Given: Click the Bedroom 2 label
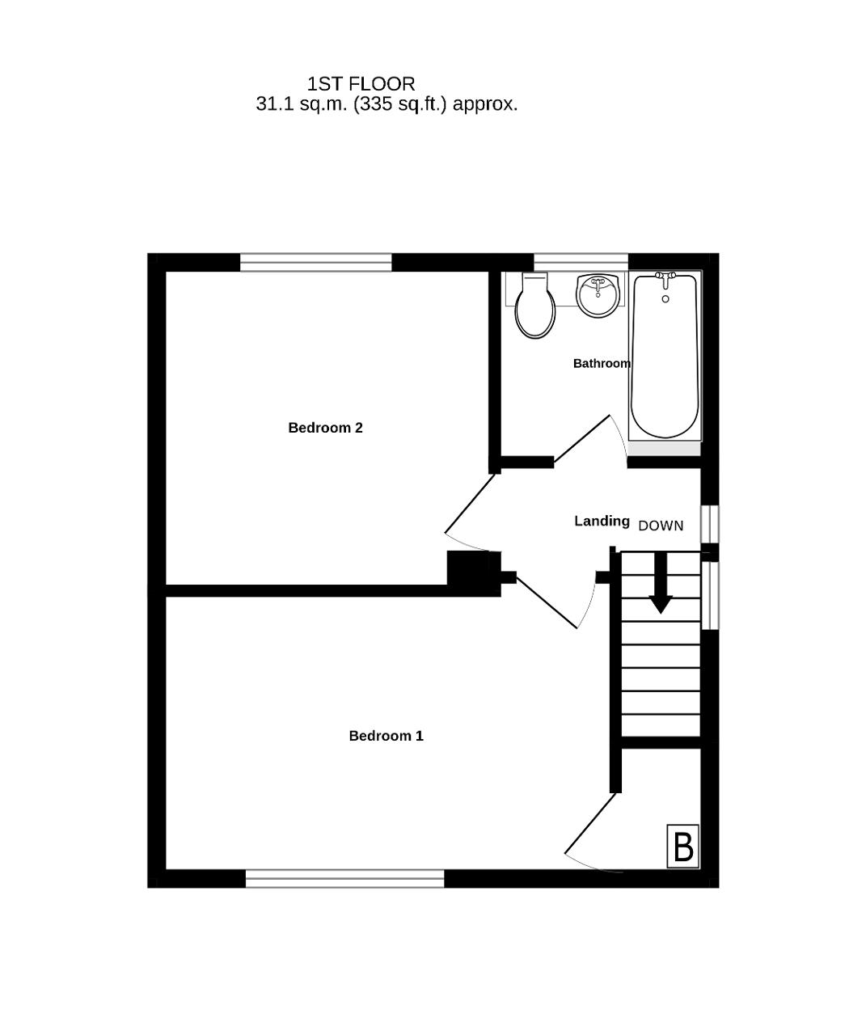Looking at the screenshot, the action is pyautogui.click(x=325, y=427).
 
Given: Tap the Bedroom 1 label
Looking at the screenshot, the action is pyautogui.click(x=387, y=736).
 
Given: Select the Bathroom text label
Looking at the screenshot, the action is pyautogui.click(x=602, y=363).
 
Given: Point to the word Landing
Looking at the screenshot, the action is pyautogui.click(x=602, y=521).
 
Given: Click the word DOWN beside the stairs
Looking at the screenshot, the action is pyautogui.click(x=661, y=526).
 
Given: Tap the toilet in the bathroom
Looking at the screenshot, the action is pyautogui.click(x=534, y=305).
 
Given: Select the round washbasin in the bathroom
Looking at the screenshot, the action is pyautogui.click(x=598, y=294).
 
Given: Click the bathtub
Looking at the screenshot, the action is pyautogui.click(x=665, y=356).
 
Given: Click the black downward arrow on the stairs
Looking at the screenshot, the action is pyautogui.click(x=661, y=583).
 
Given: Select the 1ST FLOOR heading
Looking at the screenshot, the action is pyautogui.click(x=361, y=84).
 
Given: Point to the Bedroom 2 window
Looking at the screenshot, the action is pyautogui.click(x=316, y=262).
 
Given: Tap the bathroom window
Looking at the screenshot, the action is pyautogui.click(x=581, y=262).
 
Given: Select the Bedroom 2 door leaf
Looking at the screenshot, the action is pyautogui.click(x=470, y=503).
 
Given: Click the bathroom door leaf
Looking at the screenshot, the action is pyautogui.click(x=581, y=439).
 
